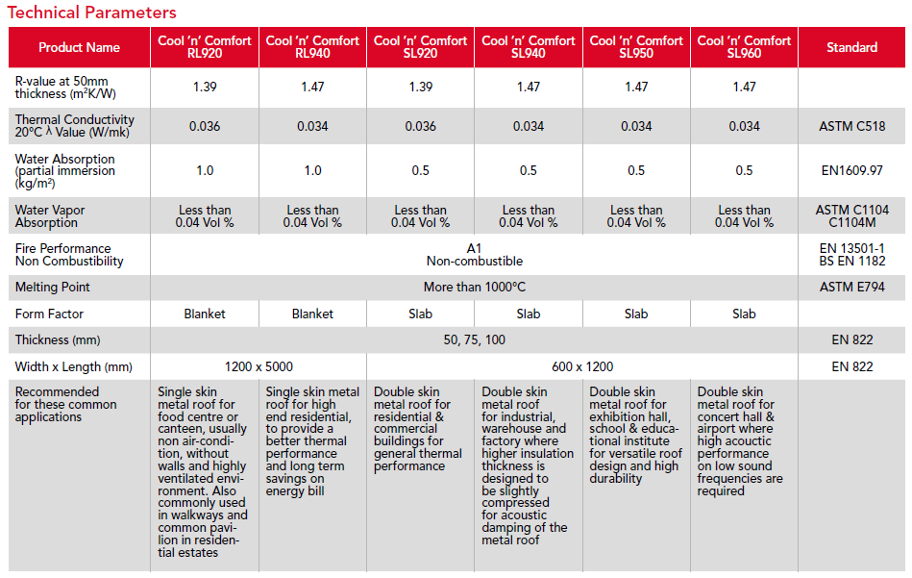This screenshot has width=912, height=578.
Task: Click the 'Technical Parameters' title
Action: (x=92, y=13)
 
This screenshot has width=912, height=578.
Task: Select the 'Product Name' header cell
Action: (x=79, y=47)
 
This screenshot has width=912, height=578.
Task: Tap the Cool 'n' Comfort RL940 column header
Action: (x=312, y=47)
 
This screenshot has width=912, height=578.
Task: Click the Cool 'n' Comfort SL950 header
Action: (x=636, y=47)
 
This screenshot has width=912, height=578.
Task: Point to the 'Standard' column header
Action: (x=852, y=47)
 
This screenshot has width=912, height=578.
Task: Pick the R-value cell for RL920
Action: (x=205, y=87)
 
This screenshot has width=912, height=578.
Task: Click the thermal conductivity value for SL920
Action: (x=421, y=126)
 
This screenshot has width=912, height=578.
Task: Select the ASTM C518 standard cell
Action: (x=852, y=126)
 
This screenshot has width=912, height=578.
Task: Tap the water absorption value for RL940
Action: (x=313, y=170)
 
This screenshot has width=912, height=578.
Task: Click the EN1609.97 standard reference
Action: (x=852, y=170)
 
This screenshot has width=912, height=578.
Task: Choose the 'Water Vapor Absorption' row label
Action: (x=50, y=216)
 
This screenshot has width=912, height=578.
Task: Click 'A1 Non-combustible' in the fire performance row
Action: (x=475, y=254)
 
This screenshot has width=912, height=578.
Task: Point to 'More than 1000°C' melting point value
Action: (x=475, y=287)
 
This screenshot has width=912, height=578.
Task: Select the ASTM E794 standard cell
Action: (x=852, y=287)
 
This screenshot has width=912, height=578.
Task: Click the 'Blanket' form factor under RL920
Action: (x=205, y=314)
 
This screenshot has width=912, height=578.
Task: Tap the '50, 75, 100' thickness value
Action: (x=475, y=339)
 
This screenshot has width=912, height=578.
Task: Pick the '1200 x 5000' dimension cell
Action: (x=259, y=366)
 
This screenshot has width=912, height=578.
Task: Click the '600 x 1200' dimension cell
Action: (x=582, y=366)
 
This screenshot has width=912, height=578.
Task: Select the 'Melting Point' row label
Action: (x=52, y=287)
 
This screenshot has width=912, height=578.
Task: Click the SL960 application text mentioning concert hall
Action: (x=740, y=441)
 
